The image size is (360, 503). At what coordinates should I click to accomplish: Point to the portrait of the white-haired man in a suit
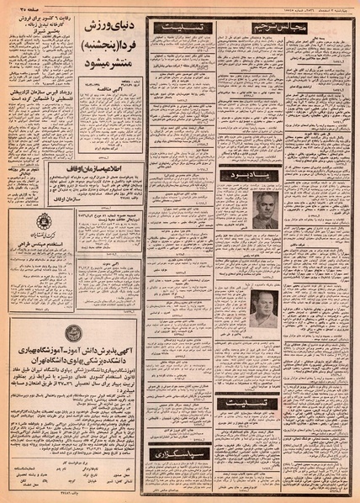pyautogui.click(x=266, y=209)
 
